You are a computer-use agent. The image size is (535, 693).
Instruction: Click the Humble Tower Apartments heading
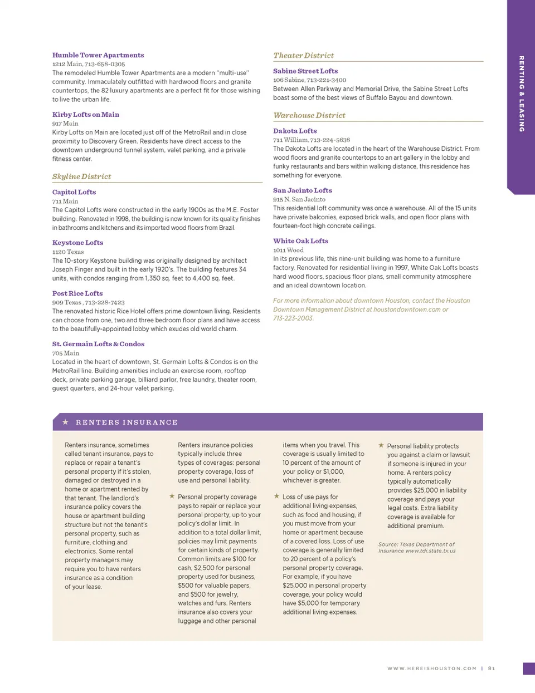[98, 55]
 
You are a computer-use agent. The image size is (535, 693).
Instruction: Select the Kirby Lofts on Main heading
[86, 115]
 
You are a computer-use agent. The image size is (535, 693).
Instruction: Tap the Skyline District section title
[82, 176]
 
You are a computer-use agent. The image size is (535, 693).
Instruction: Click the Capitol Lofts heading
[74, 192]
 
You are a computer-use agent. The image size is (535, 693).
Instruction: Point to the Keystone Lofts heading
[77, 243]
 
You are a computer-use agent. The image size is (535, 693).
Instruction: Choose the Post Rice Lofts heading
[77, 293]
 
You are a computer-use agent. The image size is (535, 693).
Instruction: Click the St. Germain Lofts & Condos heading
[98, 344]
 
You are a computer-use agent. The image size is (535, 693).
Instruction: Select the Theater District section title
[304, 56]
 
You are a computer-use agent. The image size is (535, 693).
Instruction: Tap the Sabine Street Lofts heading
[305, 71]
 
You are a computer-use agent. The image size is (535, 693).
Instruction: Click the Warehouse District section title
[309, 115]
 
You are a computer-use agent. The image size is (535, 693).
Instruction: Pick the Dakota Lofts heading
[295, 131]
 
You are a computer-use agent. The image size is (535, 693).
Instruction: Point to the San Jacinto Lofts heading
[303, 190]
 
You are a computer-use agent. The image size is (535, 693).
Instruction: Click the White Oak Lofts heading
[300, 241]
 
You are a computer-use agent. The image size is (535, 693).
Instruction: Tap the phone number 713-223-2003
[293, 318]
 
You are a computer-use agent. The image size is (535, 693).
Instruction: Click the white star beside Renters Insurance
[65, 422]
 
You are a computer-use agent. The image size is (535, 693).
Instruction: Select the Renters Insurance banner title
[127, 422]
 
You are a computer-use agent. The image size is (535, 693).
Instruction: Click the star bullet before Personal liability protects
[381, 445]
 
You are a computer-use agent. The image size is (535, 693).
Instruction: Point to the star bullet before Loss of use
[276, 496]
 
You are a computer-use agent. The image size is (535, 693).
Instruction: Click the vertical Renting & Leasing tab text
[522, 94]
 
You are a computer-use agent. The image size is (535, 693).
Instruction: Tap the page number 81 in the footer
[492, 669]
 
